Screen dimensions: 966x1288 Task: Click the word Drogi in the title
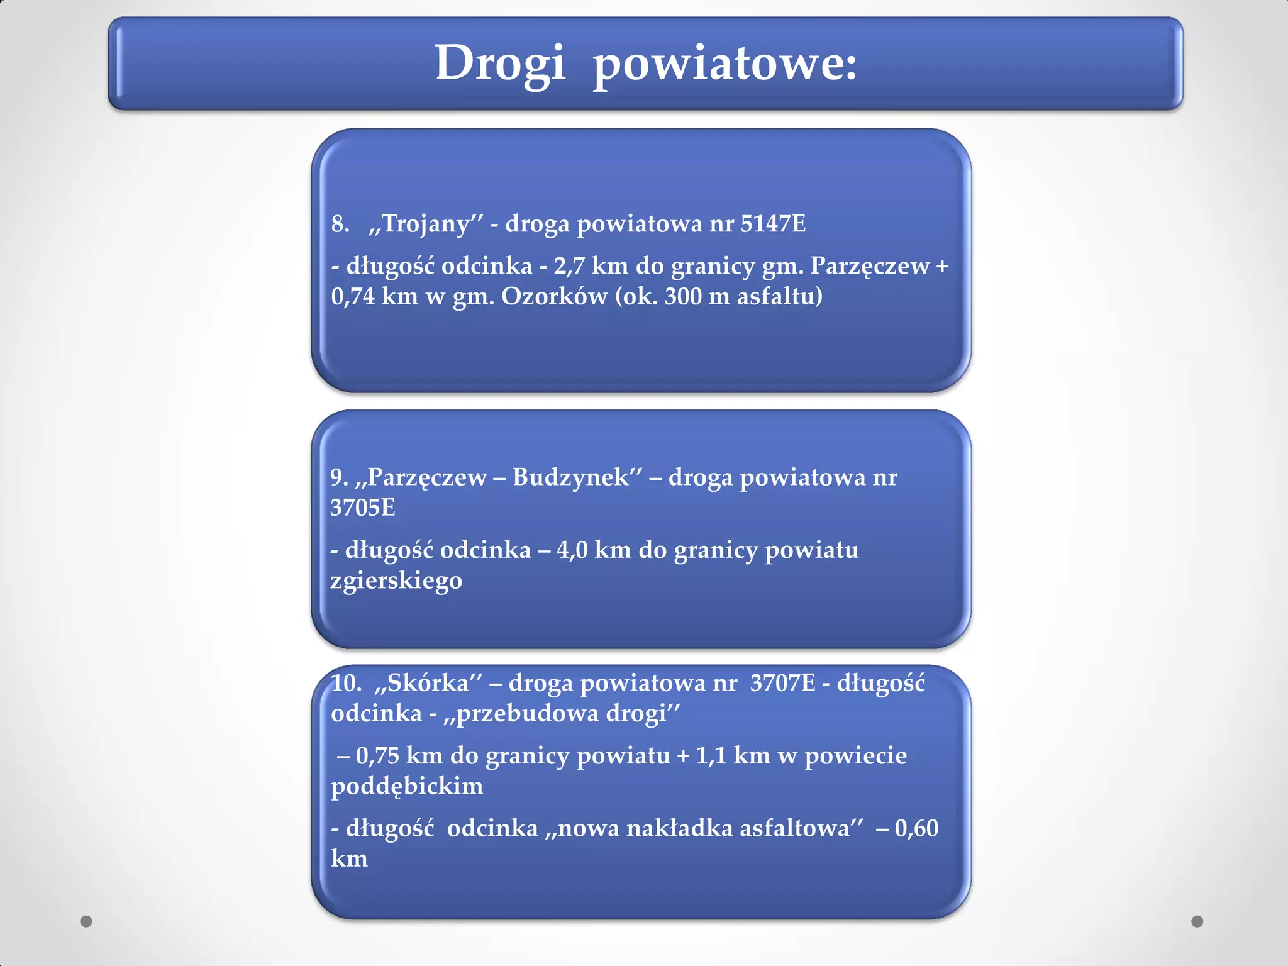coord(500,64)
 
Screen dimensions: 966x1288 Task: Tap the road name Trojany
coord(426,224)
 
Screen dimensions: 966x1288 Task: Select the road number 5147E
coord(773,224)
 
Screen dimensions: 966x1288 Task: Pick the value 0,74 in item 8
coord(353,296)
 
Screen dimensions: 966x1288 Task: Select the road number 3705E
coord(363,508)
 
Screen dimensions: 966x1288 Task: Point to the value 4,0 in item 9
coord(572,550)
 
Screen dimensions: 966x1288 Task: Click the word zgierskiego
coord(396,580)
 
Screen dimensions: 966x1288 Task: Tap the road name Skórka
coord(428,683)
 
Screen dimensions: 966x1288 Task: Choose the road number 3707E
coord(782,683)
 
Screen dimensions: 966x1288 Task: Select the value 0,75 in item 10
coord(377,756)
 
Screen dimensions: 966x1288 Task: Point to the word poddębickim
coord(407,786)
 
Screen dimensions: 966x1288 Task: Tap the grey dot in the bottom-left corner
coord(86,921)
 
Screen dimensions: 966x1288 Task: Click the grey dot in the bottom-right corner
coord(1197,921)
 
